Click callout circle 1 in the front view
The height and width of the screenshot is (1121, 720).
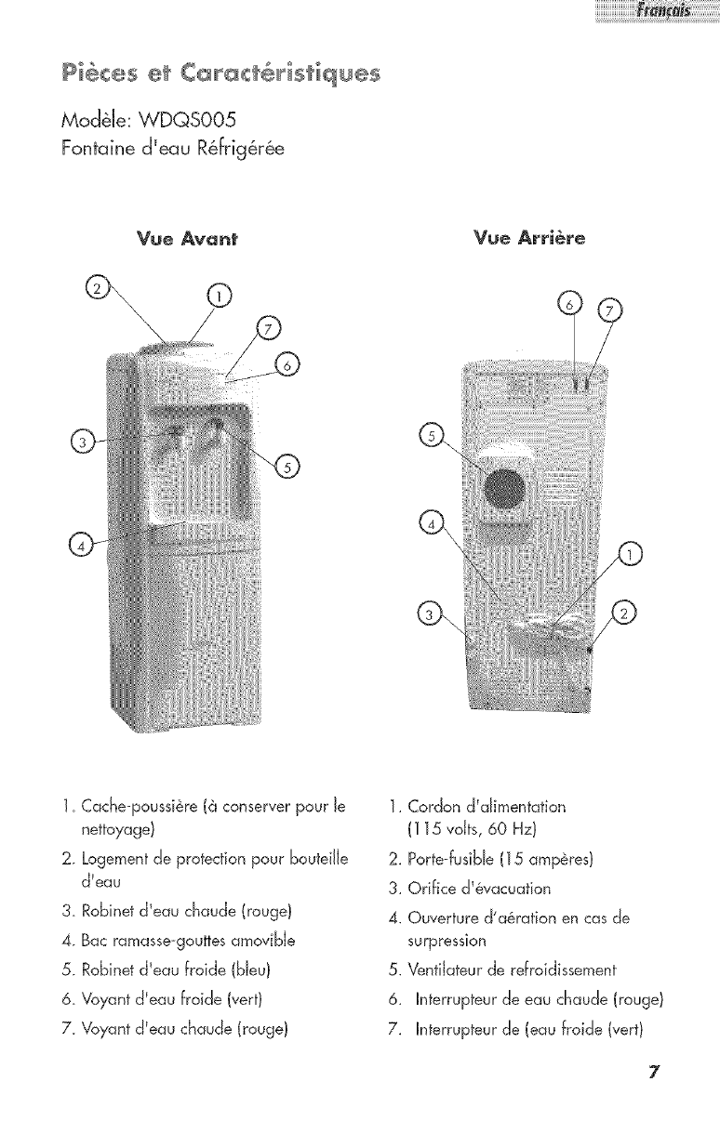tap(219, 297)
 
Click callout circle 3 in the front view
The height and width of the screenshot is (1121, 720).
tap(81, 440)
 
